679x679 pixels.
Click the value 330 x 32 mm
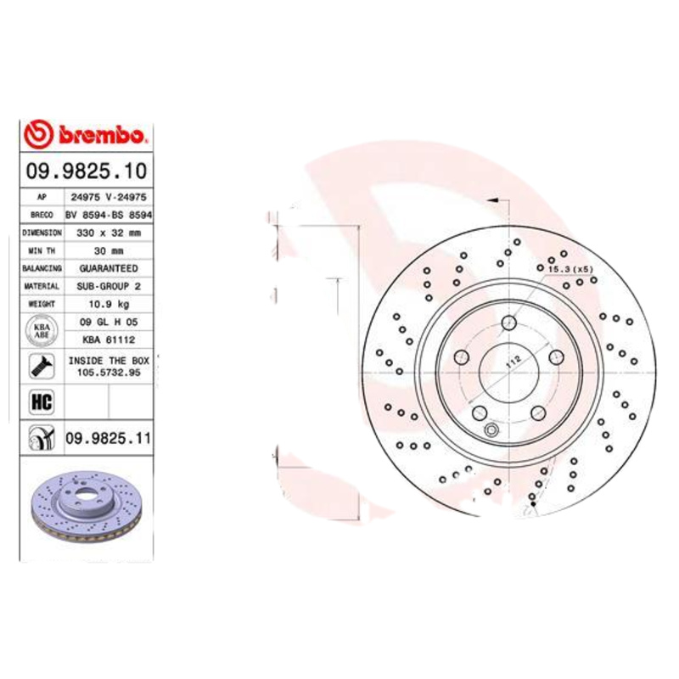tap(108, 232)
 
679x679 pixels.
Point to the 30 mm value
tap(108, 250)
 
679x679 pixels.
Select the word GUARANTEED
tap(108, 268)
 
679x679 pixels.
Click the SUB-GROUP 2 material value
tap(108, 286)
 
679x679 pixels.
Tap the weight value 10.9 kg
tap(108, 303)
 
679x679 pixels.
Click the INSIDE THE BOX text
tap(108, 360)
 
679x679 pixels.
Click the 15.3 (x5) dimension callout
tap(570, 269)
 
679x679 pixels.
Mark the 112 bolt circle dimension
tap(512, 361)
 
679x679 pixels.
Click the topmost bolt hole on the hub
tap(508, 323)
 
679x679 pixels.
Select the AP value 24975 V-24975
tap(108, 196)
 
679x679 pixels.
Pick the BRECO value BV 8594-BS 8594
tap(108, 214)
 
